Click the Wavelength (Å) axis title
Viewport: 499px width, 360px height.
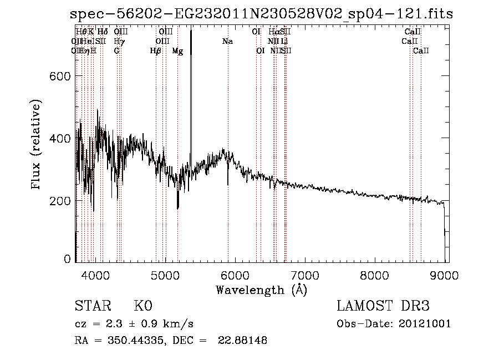coord(261,289)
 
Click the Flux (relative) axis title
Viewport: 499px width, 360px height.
coord(37,145)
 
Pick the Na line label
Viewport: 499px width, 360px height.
coord(227,42)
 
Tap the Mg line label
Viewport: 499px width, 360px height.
coord(177,51)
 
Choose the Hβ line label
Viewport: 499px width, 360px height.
coord(156,51)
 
